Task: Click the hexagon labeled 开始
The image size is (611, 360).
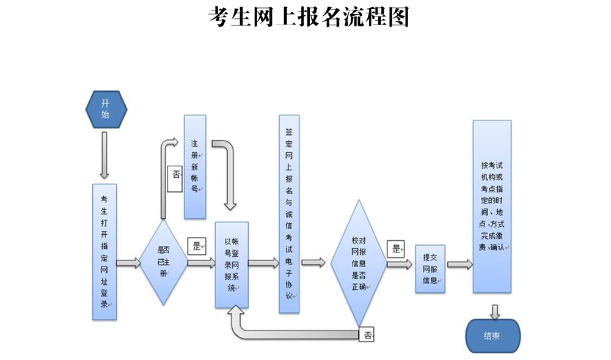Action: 106,109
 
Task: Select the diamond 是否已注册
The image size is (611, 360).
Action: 163,262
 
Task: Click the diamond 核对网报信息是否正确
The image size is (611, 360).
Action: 359,262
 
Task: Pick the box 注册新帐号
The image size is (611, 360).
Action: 195,166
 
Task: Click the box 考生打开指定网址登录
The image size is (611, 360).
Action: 104,252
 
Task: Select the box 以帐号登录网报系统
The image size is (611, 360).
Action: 232,264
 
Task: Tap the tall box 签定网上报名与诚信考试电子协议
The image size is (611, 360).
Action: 290,214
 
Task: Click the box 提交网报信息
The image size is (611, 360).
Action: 430,268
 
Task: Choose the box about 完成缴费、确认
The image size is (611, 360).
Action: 492,207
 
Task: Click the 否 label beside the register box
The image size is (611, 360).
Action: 176,175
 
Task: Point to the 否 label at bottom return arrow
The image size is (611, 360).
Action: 366,334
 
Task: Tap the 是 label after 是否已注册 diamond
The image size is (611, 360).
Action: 197,246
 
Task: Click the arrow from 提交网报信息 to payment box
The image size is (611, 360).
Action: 459,265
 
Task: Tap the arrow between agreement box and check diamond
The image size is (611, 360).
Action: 313,262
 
